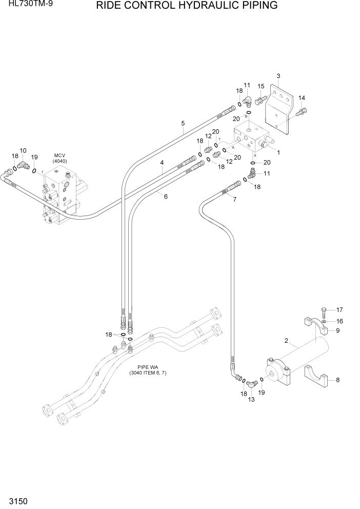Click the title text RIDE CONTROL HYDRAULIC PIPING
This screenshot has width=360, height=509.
pos(187,6)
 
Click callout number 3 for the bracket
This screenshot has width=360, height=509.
pos(278,76)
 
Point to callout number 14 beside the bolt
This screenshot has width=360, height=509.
pos(302,98)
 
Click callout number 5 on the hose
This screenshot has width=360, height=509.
pos(183,123)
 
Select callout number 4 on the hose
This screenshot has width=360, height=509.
pos(162,163)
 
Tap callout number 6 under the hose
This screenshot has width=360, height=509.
pos(166,195)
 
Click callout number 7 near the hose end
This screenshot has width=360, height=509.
pos(235,200)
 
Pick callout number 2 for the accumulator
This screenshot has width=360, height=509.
pos(286,341)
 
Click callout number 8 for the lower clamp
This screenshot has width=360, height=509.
pos(337,380)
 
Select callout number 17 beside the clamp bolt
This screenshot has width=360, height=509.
pos(339,309)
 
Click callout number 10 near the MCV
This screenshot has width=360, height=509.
pos(23,150)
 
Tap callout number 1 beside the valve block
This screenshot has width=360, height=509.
pos(278,152)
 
